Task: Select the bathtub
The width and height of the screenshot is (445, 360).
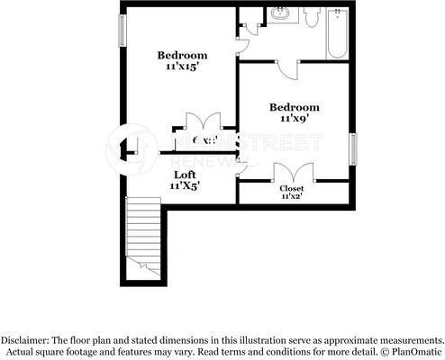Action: (x=338, y=34)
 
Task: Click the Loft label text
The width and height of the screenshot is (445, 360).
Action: (x=184, y=175)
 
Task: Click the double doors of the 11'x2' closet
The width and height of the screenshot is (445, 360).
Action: (x=293, y=171)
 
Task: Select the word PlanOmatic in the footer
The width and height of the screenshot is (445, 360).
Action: (x=413, y=352)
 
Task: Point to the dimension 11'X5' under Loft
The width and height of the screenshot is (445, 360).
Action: (x=184, y=185)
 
